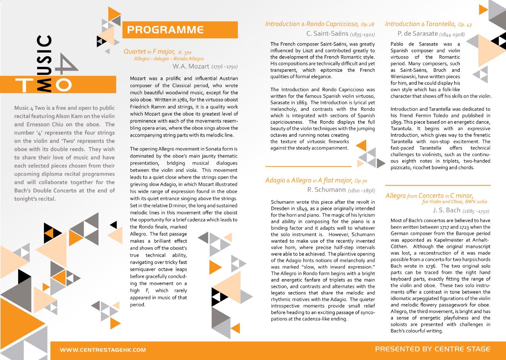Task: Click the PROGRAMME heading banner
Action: tap(180, 30)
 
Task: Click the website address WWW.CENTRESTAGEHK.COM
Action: tap(103, 350)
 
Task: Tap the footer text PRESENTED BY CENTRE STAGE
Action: tap(432, 349)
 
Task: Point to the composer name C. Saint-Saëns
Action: tap(327, 33)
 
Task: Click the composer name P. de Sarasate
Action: tap(417, 34)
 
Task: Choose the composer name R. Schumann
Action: tap(326, 189)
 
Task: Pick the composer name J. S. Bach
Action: tap(446, 210)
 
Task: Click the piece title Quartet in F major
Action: tap(149, 51)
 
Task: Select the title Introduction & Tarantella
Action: tap(421, 24)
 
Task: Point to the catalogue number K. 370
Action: tap(185, 52)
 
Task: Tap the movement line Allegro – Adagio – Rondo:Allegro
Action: tap(169, 59)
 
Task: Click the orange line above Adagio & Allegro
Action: tap(308, 166)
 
